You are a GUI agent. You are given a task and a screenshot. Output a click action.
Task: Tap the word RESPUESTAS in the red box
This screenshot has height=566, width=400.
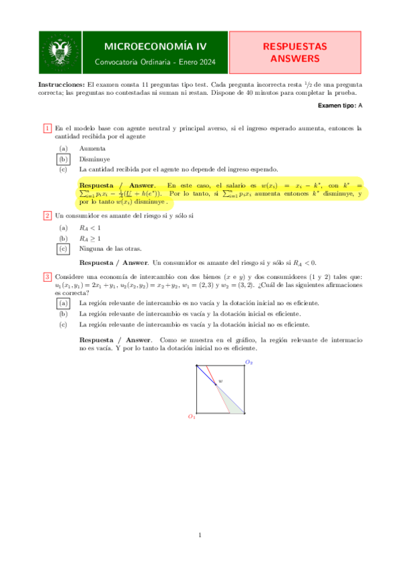[x=294, y=47]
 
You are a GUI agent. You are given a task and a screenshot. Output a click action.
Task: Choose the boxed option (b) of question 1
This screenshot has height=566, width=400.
[x=63, y=160]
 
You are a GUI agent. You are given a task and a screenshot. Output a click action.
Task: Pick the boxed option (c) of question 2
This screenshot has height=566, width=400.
[x=63, y=248]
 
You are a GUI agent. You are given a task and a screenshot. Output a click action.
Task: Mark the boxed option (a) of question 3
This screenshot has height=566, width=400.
[x=63, y=302]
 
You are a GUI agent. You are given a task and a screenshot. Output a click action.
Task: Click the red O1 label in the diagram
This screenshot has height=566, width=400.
[x=191, y=416]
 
